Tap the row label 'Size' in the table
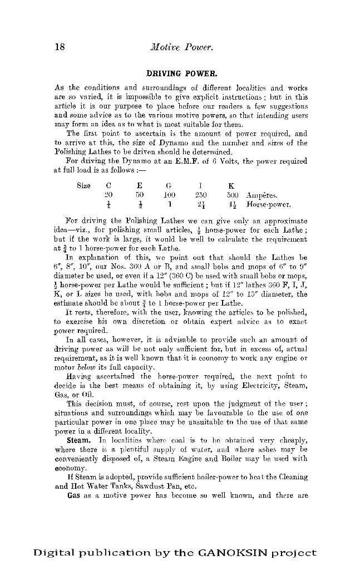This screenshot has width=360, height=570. coord(83,185)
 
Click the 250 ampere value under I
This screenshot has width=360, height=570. coord(201,195)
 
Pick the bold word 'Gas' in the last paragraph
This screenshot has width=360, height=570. coord(73,494)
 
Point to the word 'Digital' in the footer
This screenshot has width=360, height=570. coord(53,553)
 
